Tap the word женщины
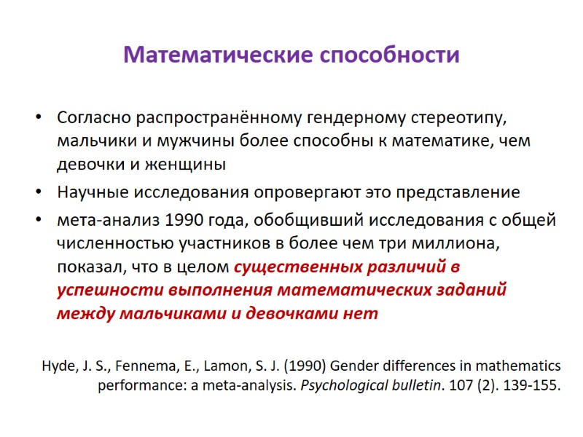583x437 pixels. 188,165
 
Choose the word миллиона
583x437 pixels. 462,243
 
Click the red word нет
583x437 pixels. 364,313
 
